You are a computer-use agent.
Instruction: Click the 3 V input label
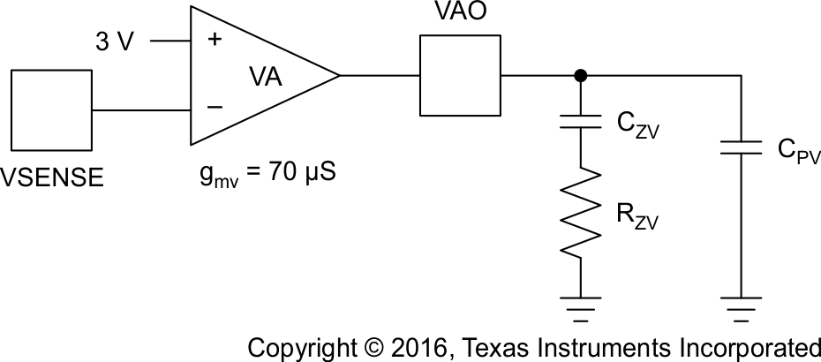pos(115,41)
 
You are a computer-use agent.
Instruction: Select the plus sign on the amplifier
pos(213,41)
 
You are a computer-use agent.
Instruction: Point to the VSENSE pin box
pos(51,110)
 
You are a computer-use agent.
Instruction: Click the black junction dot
pos(580,76)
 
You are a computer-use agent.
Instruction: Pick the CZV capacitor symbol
pos(580,119)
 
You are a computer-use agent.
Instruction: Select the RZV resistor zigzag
pos(580,215)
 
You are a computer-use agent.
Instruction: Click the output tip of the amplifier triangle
pos(338,76)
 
